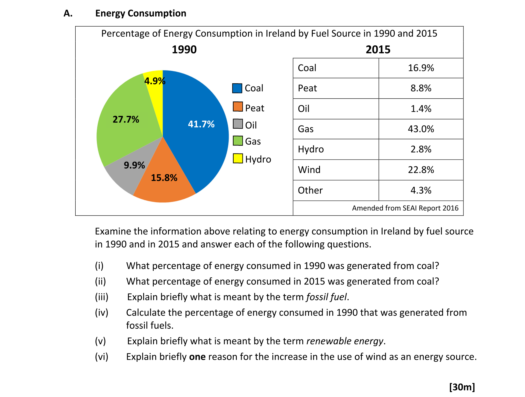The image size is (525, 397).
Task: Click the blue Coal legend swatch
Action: point(237,88)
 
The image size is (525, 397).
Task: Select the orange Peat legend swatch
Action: point(238,107)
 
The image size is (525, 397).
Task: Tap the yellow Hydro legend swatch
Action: point(238,158)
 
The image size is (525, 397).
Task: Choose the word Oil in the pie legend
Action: point(251,125)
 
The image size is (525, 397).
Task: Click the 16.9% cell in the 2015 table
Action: point(421,68)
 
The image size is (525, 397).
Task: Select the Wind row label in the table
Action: point(309,170)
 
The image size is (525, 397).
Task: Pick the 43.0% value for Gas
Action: point(421,129)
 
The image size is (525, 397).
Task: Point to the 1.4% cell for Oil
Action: point(421,109)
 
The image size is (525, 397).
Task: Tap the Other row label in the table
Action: point(310,190)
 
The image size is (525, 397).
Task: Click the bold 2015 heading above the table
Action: point(378,50)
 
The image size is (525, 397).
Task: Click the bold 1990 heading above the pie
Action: point(184,50)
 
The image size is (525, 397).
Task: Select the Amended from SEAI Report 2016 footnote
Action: point(405,208)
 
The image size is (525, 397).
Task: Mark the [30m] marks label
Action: point(462,387)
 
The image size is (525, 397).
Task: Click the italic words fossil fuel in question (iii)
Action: point(326,297)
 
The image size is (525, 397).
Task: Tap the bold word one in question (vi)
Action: point(197,357)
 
